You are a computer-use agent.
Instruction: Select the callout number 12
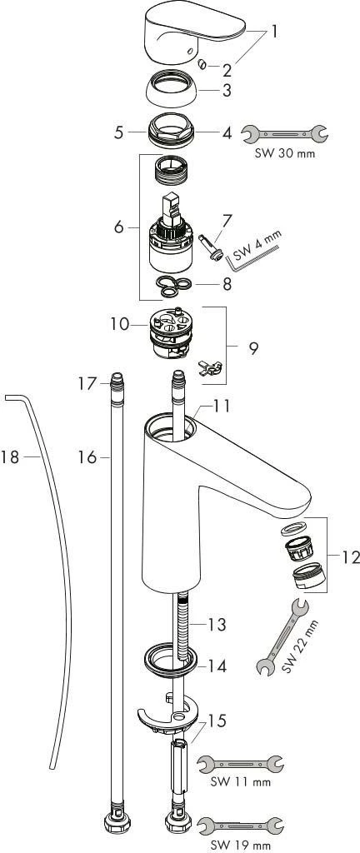pyautogui.click(x=351, y=556)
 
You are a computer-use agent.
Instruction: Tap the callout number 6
pyautogui.click(x=122, y=227)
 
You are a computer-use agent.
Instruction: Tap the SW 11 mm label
pyautogui.click(x=240, y=781)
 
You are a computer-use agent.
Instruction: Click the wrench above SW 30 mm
pyautogui.click(x=284, y=133)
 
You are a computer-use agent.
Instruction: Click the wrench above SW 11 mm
pyautogui.click(x=239, y=761)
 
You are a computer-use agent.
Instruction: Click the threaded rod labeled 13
pyautogui.click(x=181, y=621)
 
